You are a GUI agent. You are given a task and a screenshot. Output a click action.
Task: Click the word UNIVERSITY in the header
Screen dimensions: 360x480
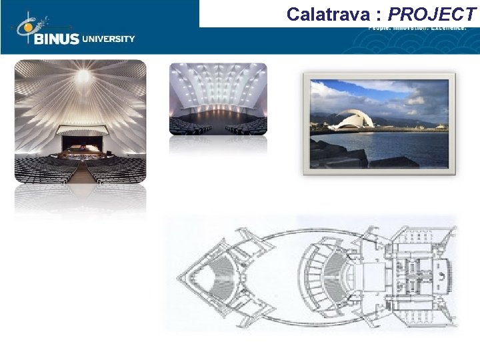point(109,39)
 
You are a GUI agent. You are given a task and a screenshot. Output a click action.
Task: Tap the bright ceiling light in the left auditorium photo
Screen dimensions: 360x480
point(82,77)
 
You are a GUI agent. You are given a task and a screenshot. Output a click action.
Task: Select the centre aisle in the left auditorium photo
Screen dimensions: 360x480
point(81,172)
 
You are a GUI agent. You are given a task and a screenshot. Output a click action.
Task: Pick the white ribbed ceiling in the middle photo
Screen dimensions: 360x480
point(218,83)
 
